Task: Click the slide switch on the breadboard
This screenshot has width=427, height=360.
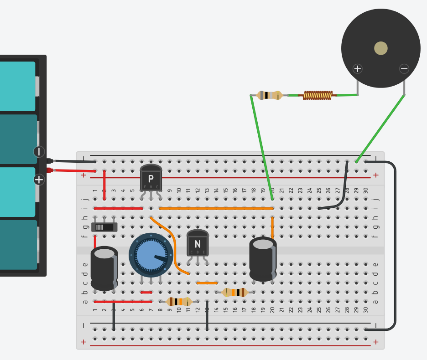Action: click(104, 226)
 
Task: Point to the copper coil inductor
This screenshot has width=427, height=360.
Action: click(318, 95)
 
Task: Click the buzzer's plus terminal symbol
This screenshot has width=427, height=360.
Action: click(358, 69)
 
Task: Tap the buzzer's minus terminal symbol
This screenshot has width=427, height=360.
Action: click(404, 69)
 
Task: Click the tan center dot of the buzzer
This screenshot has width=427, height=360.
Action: click(380, 48)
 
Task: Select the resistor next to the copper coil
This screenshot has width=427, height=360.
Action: click(270, 95)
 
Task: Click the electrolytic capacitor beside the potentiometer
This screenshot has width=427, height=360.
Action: click(104, 269)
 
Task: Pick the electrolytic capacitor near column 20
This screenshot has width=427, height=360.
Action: click(263, 260)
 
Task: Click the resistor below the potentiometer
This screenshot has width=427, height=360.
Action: click(178, 301)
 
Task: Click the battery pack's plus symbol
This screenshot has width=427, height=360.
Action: click(39, 180)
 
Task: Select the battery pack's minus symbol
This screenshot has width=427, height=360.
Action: click(39, 152)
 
